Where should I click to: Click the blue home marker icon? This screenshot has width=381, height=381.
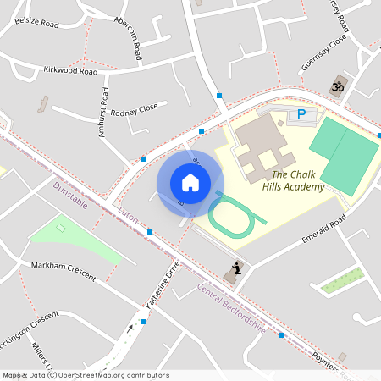(x=190, y=183)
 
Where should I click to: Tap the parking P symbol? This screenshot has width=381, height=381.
(x=301, y=114)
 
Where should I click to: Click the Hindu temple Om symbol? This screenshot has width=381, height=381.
(x=337, y=87)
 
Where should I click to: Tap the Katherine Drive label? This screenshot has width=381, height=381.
(x=162, y=284)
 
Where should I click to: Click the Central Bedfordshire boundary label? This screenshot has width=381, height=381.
(x=231, y=308)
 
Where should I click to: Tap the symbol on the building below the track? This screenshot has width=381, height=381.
(x=236, y=270)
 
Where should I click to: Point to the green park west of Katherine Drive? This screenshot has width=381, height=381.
(x=72, y=239)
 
